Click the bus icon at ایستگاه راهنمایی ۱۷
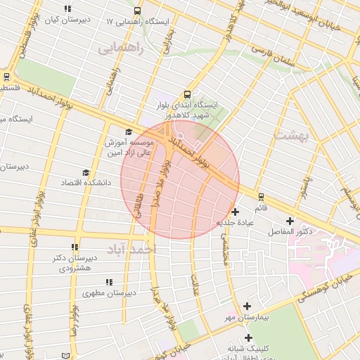(x=137, y=11)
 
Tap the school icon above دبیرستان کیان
(x=67, y=9)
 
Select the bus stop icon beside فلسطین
(x=6, y=77)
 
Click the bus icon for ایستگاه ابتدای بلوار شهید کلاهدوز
(x=187, y=94)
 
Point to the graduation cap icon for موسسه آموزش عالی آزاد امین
(x=128, y=131)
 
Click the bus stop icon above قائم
(x=261, y=196)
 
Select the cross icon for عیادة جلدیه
(x=235, y=211)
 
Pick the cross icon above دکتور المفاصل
(x=290, y=221)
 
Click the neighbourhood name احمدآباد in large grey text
(x=131, y=249)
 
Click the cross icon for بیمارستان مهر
(x=247, y=306)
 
